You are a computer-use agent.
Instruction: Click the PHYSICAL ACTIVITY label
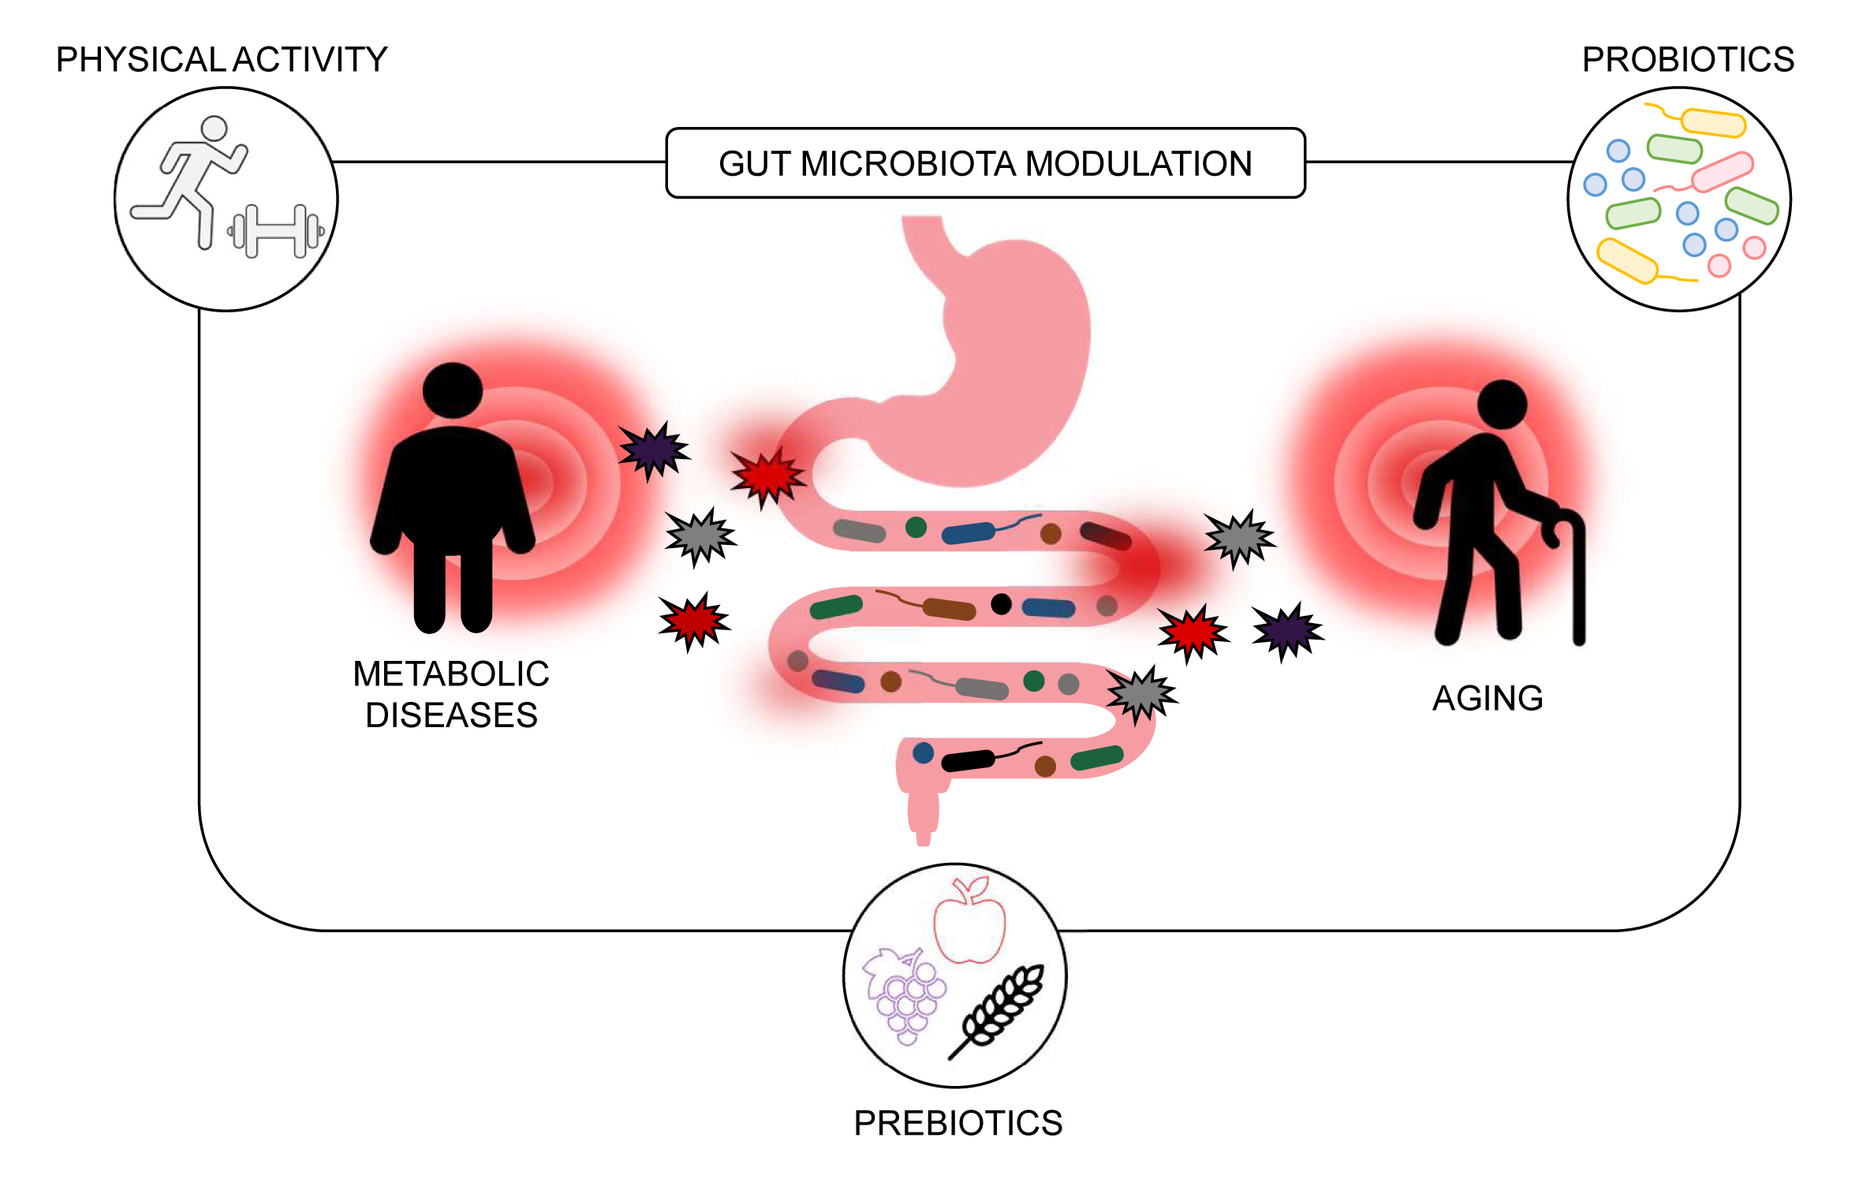221,60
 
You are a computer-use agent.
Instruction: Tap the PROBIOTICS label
1688,60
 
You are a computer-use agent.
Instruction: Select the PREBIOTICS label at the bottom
958,1122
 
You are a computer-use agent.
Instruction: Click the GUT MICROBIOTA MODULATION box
984,163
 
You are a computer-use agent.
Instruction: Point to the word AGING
1487,698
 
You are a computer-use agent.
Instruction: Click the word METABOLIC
450,674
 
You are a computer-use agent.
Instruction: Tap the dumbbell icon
275,231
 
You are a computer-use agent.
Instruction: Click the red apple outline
969,923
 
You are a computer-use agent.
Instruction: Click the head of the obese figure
452,390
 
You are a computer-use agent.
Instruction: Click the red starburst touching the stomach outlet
767,476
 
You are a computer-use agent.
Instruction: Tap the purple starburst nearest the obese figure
653,450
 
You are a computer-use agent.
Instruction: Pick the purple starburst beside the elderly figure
1287,631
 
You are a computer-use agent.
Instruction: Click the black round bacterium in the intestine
1001,604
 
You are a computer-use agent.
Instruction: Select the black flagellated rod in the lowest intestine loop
969,760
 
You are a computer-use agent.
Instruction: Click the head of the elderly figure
1502,405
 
